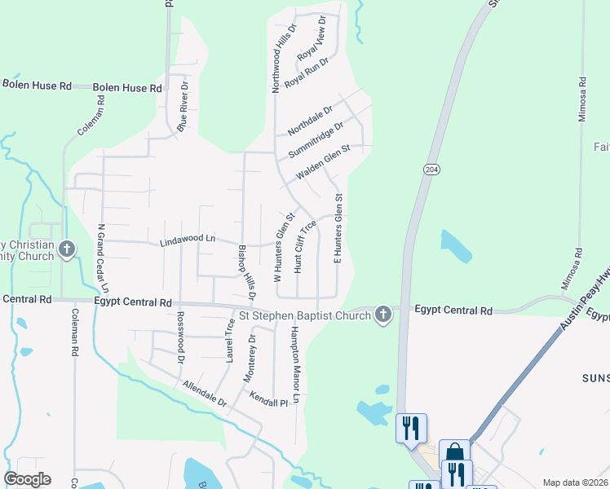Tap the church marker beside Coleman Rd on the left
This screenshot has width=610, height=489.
click(67, 249)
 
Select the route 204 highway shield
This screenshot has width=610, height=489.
click(430, 169)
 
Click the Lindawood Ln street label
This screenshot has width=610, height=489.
click(187, 239)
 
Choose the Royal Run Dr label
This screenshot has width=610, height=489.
click(306, 72)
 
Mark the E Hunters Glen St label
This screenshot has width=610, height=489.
click(337, 229)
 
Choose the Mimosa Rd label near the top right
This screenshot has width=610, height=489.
click(583, 99)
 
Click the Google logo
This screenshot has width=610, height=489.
click(28, 479)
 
